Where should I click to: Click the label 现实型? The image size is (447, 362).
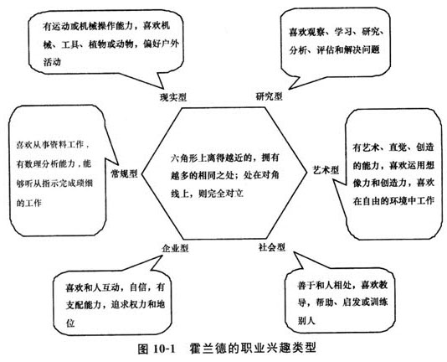[173, 98]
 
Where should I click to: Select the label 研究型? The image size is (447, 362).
[269, 96]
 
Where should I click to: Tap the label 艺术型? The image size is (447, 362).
[326, 170]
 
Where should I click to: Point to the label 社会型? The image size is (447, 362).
[272, 247]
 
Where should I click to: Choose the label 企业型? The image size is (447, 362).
[175, 248]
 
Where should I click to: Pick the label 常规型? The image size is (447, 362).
[124, 173]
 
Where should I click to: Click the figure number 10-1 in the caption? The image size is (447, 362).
[163, 349]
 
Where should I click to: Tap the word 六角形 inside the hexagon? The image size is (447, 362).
[184, 158]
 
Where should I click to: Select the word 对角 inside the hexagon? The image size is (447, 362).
[270, 175]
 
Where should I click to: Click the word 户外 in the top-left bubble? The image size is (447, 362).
[170, 44]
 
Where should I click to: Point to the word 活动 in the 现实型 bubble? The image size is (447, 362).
[52, 62]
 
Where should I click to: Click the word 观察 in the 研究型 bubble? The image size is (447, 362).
[316, 32]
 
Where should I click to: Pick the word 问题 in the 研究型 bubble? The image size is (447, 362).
[371, 49]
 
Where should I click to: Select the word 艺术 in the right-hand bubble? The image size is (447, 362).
[370, 147]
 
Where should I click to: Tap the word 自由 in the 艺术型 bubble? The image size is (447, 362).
[371, 201]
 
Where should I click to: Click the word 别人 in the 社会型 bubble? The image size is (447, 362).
[306, 320]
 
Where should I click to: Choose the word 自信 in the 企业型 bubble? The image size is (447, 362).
[138, 287]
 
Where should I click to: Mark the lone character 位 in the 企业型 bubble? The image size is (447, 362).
[70, 323]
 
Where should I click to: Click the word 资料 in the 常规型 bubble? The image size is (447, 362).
[60, 145]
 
